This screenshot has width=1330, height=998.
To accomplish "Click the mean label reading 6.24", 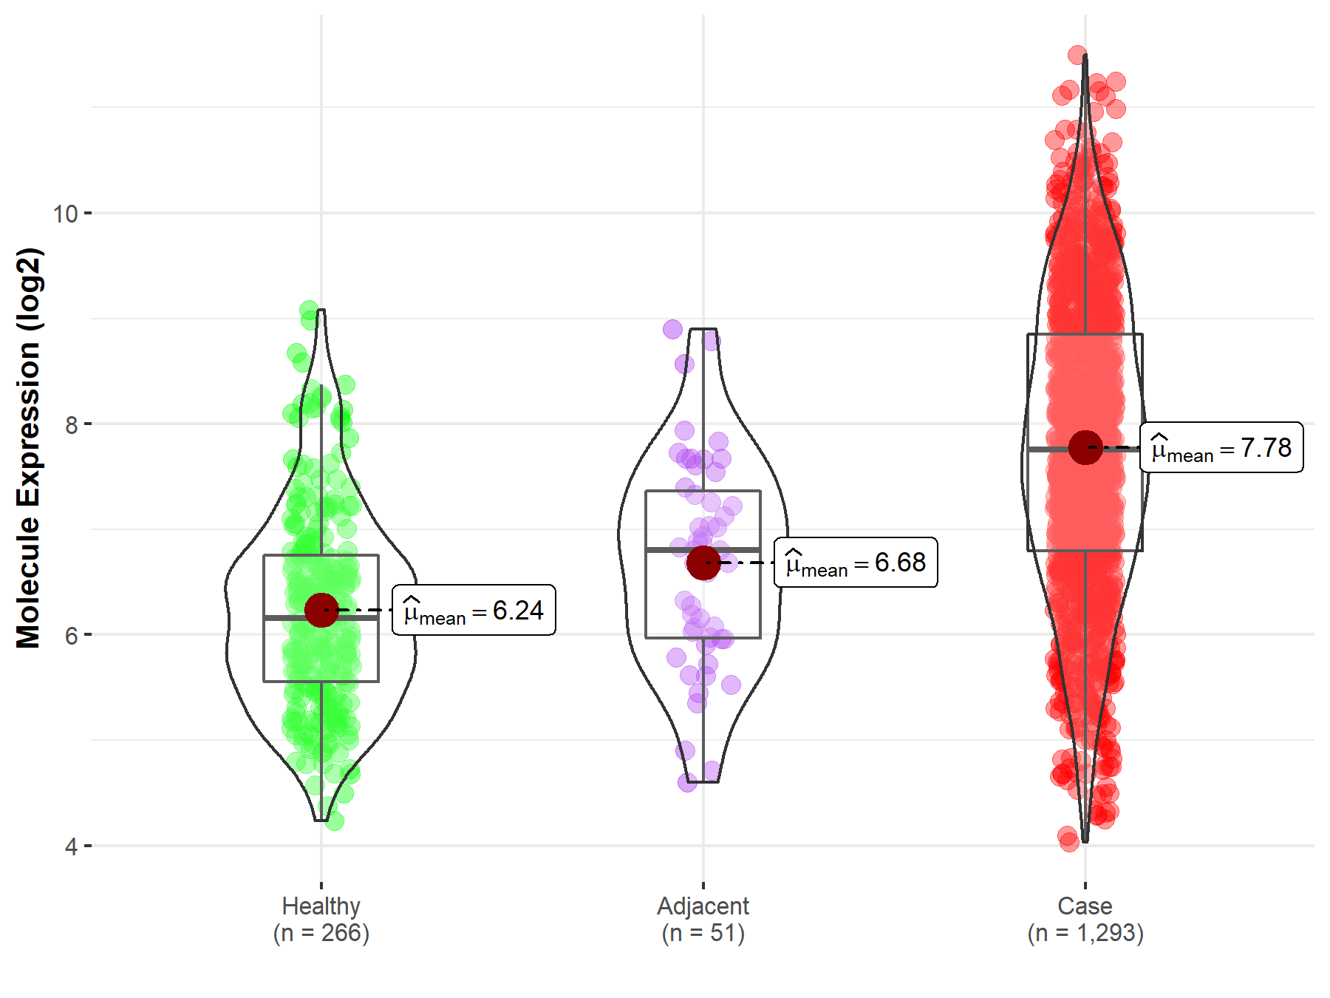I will point(474,610).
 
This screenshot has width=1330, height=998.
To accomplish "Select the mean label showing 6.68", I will point(856,563).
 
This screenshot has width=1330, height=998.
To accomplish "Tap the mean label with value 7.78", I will point(1221,447).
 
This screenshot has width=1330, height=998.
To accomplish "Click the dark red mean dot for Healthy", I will point(321,610).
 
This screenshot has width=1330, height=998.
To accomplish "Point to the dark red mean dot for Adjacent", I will point(703,563).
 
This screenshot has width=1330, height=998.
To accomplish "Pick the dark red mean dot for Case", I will point(1085,447).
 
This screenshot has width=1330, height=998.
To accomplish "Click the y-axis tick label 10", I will point(65,214).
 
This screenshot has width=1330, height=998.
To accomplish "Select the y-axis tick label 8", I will point(71,424).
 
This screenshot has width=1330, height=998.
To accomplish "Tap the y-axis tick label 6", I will point(71,635).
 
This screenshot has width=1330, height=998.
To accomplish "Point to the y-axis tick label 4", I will point(71,846).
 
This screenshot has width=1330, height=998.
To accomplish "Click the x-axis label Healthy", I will point(321,906).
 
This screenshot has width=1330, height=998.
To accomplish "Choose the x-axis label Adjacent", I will point(703,906).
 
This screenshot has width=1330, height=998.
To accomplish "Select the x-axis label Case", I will point(1085,906).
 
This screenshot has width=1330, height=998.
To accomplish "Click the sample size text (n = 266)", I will point(321,933).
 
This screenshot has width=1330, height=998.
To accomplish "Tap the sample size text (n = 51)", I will point(703,933).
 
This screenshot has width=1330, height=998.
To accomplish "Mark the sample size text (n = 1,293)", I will point(1085,933).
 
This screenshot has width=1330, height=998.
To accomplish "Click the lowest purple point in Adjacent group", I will point(687,782).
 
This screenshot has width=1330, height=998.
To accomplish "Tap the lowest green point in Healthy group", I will point(334,821).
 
